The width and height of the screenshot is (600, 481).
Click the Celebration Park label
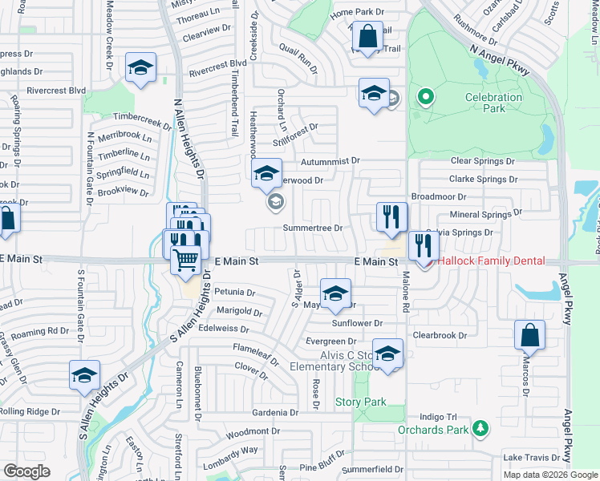click(493, 104)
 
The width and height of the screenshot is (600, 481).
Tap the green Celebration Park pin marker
click(425, 99)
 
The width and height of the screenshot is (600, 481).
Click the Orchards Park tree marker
click(480, 430)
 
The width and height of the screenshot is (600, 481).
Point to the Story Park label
click(360, 402)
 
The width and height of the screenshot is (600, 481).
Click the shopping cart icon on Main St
click(186, 260)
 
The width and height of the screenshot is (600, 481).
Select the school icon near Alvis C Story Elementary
click(387, 354)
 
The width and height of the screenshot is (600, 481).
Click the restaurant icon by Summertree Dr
click(392, 217)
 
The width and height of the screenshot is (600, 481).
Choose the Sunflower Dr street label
click(356, 323)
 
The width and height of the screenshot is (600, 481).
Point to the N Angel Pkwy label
click(501, 60)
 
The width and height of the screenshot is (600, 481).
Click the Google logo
click(27, 471)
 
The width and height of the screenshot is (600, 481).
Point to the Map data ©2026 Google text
click(549, 475)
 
